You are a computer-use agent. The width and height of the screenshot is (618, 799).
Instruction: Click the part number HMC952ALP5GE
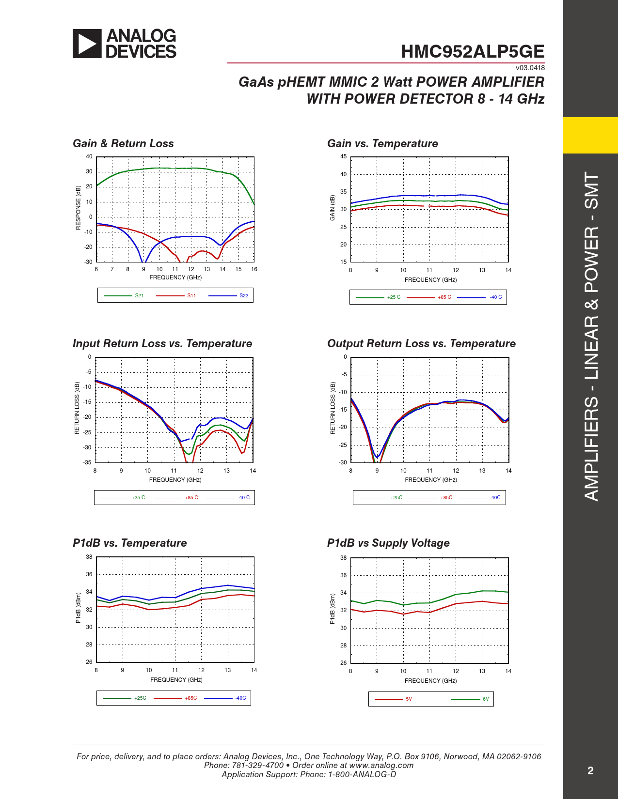472,52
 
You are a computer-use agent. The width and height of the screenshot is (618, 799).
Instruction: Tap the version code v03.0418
530,68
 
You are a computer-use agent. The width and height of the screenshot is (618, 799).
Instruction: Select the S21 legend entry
139,295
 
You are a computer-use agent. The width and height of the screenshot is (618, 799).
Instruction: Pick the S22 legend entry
243,295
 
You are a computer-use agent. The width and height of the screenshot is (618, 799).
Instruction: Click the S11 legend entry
191,295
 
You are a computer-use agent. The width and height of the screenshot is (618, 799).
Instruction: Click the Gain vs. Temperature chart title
382,143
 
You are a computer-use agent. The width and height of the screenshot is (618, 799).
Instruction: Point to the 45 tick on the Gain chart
343,156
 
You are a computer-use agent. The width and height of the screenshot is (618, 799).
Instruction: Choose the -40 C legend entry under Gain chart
495,297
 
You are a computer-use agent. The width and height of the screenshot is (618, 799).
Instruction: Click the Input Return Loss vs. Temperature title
162,343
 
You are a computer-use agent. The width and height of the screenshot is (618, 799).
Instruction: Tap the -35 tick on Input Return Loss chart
87,462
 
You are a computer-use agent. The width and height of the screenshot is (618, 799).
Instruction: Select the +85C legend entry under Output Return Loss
446,498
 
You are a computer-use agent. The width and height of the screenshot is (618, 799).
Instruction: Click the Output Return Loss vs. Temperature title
421,343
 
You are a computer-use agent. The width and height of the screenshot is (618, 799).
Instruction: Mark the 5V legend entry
409,699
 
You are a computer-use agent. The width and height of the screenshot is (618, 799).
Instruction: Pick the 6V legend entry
485,699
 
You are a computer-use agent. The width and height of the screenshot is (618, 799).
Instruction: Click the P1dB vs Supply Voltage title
388,543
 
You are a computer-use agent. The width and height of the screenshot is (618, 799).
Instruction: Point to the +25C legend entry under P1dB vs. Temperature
140,698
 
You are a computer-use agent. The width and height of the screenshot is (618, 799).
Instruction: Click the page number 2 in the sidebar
590,771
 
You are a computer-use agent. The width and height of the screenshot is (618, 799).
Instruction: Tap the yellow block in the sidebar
590,136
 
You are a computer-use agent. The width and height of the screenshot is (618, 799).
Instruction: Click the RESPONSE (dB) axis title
78,208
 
